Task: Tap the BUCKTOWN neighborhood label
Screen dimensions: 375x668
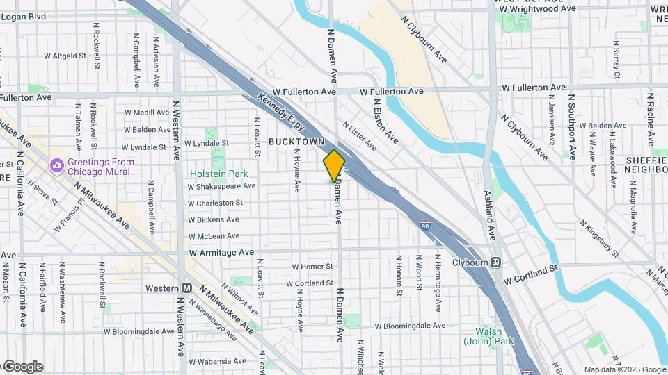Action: (x=297, y=142)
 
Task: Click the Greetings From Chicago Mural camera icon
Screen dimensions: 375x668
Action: (x=56, y=165)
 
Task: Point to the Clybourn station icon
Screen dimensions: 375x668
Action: (x=495, y=262)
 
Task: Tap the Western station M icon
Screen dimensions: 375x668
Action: (x=186, y=287)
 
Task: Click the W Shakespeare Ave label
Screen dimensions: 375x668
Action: (x=221, y=186)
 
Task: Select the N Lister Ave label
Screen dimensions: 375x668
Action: (x=359, y=135)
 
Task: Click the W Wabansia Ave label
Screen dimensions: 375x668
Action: (x=216, y=362)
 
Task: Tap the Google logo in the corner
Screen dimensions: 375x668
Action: (x=22, y=366)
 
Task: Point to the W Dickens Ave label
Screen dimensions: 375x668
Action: (x=214, y=219)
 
